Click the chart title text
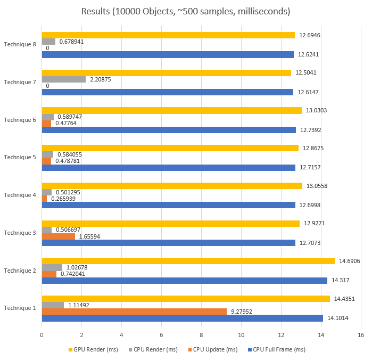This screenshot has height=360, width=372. [x=186, y=11]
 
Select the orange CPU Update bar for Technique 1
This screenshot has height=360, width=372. [x=134, y=312]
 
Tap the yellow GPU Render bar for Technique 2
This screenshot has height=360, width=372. [x=188, y=261]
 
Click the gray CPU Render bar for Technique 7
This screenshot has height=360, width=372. [x=63, y=79]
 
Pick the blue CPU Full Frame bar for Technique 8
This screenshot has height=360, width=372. [x=168, y=54]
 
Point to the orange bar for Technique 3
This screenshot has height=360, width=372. [x=58, y=236]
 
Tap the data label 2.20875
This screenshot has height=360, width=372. [x=101, y=79]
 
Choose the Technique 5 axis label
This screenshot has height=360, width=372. [x=20, y=158]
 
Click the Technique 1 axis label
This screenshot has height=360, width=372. [x=20, y=308]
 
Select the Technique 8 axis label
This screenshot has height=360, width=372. [x=20, y=44]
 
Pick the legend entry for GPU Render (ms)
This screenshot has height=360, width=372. [x=95, y=349]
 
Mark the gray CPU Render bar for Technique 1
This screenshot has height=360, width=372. [x=53, y=305]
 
